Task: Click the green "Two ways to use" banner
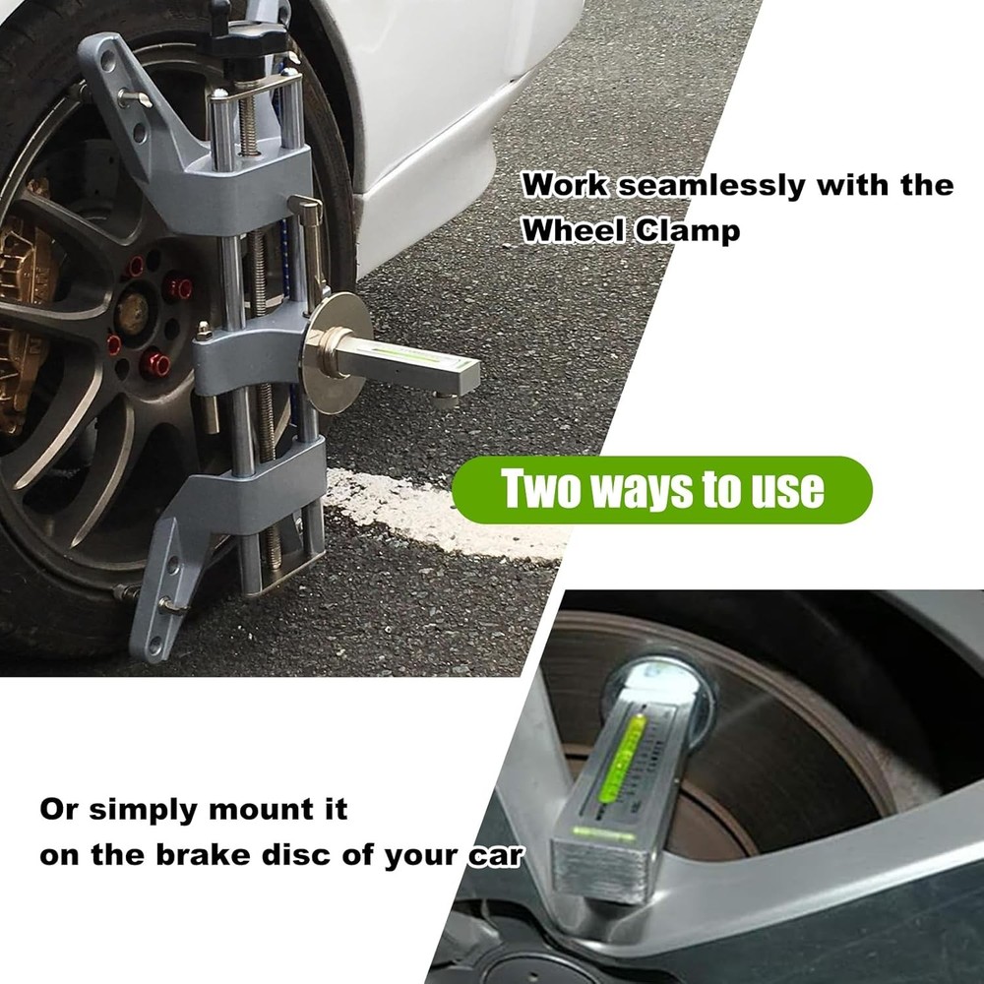coord(661,489)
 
